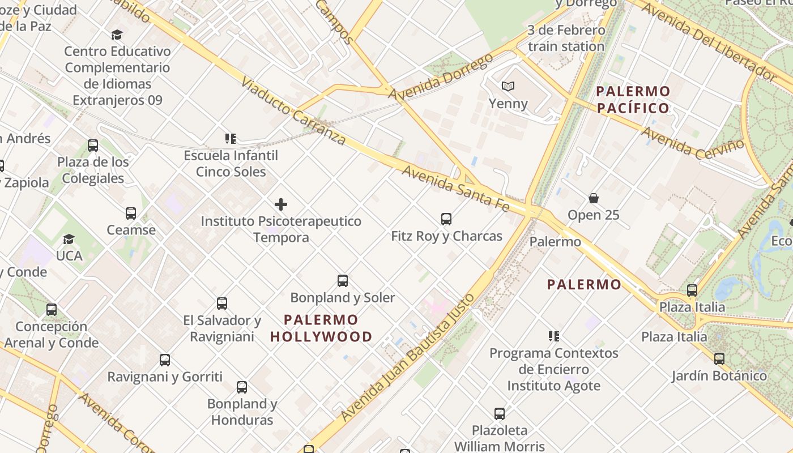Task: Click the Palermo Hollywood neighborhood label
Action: tap(321, 328)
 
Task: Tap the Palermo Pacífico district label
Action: tap(633, 100)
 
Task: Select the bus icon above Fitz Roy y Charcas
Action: tap(446, 219)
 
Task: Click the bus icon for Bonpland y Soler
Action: tap(343, 280)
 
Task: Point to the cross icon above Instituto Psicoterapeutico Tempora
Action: tap(281, 204)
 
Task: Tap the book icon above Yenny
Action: tap(508, 87)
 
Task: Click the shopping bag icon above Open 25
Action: tap(593, 198)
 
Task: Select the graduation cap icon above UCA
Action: tap(69, 239)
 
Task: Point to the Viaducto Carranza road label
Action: tap(293, 112)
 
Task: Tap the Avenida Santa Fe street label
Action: tap(455, 189)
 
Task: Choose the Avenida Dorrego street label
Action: tap(440, 77)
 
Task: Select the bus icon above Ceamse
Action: tap(131, 213)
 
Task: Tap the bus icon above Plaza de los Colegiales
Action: tap(93, 146)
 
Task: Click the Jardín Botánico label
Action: tap(719, 375)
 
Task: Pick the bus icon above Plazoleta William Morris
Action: tap(499, 414)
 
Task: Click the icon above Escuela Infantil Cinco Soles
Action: tap(231, 138)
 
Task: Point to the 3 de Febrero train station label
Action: tap(566, 38)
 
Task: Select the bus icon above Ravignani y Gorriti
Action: tap(165, 360)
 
